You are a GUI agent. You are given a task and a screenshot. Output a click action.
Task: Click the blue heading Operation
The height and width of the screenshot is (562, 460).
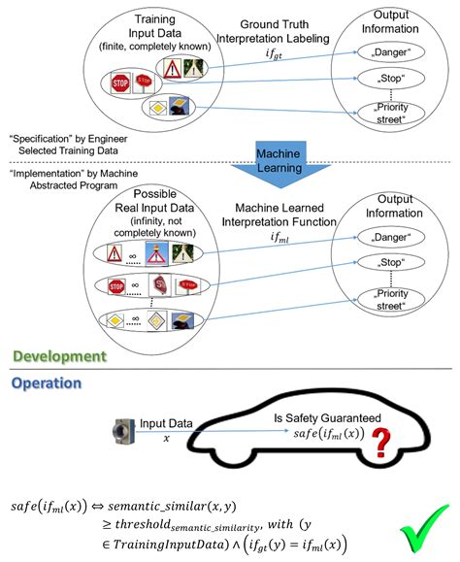coord(48,383)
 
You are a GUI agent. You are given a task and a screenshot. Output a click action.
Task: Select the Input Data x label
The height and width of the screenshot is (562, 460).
coord(166,428)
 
